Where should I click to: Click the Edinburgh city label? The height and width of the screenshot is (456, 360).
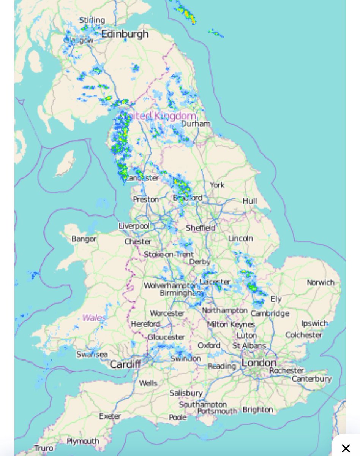click(x=125, y=34)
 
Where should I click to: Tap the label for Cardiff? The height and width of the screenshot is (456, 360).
click(x=125, y=364)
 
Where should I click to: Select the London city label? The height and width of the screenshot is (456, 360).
click(x=259, y=362)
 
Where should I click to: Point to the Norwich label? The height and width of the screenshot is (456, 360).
click(x=321, y=282)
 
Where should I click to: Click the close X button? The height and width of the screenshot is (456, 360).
click(x=346, y=448)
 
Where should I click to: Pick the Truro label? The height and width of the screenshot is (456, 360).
click(x=44, y=448)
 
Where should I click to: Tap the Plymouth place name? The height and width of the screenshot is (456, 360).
click(x=83, y=441)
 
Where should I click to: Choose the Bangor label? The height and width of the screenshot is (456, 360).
click(x=84, y=239)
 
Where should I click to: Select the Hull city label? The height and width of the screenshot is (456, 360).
click(x=250, y=201)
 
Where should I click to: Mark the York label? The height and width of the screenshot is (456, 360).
click(x=217, y=185)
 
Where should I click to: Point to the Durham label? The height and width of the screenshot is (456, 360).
click(x=196, y=124)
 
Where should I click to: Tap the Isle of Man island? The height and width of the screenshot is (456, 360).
click(x=65, y=164)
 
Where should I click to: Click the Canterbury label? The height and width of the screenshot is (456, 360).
click(x=312, y=378)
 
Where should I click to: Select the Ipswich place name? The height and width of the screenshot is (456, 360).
click(x=314, y=323)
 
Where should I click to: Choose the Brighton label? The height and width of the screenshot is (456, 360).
click(x=257, y=410)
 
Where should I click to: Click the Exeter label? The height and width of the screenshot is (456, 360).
click(x=110, y=416)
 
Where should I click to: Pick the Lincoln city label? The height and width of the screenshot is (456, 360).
click(x=240, y=238)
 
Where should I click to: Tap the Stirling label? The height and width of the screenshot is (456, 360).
click(x=92, y=20)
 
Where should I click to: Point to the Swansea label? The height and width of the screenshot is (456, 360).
click(x=92, y=354)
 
